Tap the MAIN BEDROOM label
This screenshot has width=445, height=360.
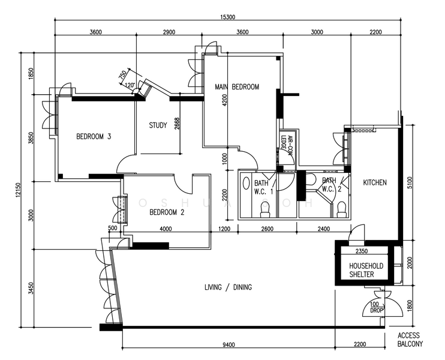click(237, 87)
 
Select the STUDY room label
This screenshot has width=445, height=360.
click(158, 125)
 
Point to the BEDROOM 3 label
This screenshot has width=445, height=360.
click(94, 136)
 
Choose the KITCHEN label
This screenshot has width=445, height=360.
click(375, 182)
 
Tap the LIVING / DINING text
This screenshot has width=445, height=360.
click(228, 287)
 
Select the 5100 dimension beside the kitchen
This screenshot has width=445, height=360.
click(410, 182)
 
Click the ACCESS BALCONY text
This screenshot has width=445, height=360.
click(410, 340)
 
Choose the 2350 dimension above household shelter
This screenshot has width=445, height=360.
click(361, 251)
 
